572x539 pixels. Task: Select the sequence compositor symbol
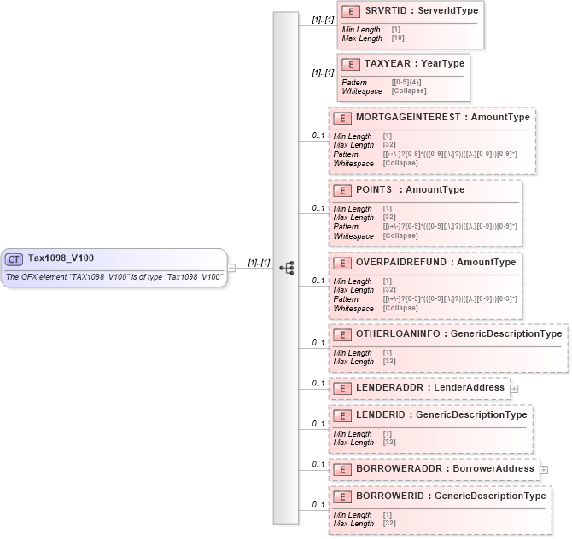tap(286, 268)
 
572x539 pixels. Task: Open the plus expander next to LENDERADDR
tap(514, 388)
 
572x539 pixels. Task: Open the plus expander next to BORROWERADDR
tap(543, 469)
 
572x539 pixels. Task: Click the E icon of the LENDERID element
tap(341, 415)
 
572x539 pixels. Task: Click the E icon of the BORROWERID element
tap(341, 496)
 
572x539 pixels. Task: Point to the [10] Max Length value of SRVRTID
tap(398, 38)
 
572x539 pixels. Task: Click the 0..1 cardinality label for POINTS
tap(318, 208)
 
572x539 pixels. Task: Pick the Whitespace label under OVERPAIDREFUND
tap(353, 308)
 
